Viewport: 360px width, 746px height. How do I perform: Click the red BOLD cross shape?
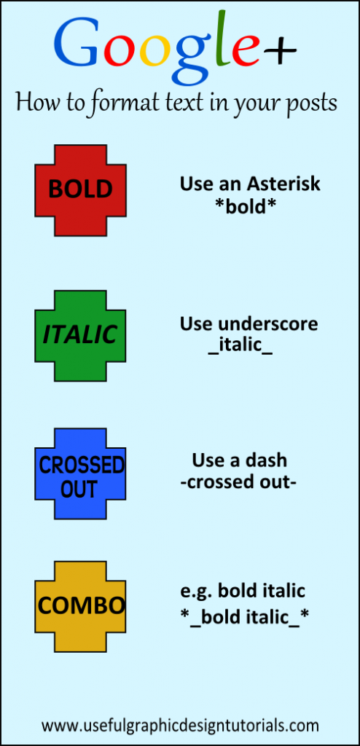point(80,190)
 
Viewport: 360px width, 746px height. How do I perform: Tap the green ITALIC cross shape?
point(80,336)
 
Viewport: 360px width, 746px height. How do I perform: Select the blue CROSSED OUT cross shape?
point(80,474)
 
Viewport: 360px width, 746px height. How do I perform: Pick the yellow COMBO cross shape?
point(80,607)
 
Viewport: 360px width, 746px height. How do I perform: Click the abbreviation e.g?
point(195,592)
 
